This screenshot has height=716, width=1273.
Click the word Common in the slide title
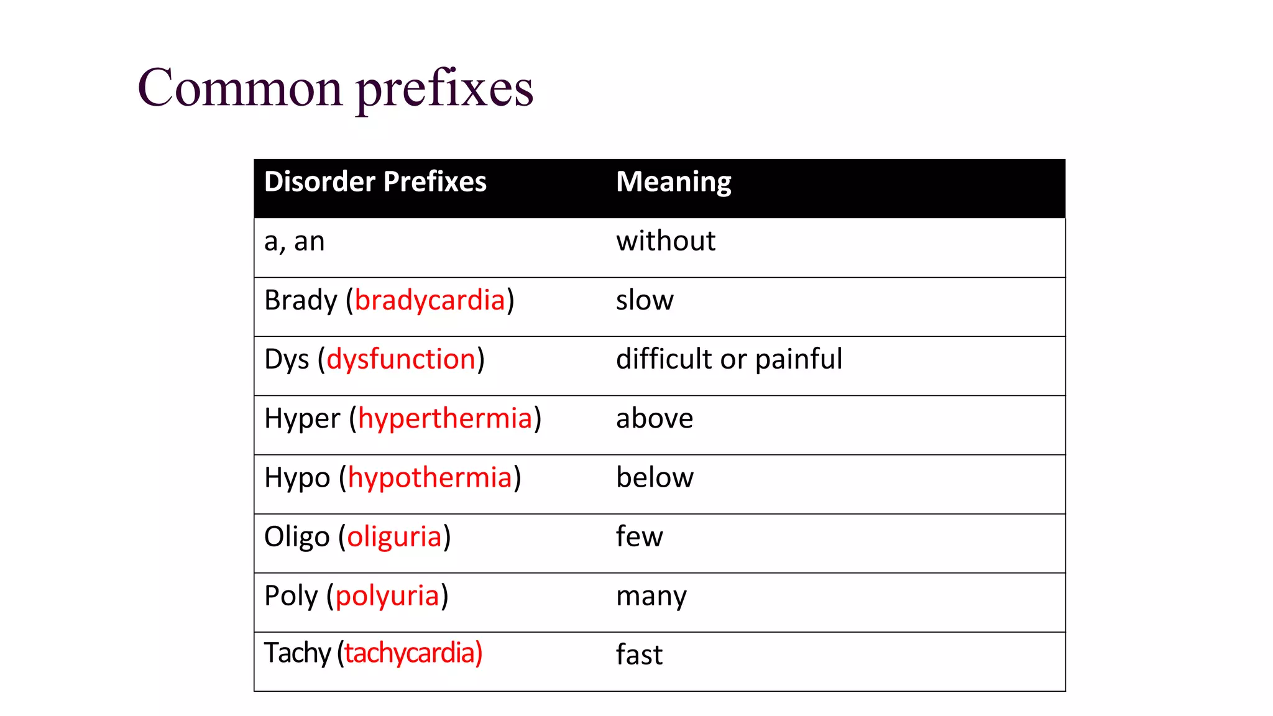coord(240,88)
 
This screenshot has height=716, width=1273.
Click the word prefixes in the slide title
coord(444,90)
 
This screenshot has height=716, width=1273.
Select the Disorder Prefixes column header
coord(375,182)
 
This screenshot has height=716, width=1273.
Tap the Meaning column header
coord(673,182)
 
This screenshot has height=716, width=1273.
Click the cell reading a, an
coord(294,241)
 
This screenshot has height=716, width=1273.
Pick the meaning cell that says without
coord(665,241)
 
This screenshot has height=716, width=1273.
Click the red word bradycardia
coord(430,300)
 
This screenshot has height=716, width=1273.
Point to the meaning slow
coord(644,300)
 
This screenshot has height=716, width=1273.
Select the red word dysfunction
coord(401,359)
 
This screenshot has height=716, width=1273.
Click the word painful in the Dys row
coord(799,359)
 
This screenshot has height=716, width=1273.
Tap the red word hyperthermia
coord(445,418)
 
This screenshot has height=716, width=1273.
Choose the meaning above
coord(654,418)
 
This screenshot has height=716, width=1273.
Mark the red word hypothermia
coord(430,477)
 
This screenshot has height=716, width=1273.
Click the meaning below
coord(655,477)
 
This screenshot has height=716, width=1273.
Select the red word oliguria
coord(394,536)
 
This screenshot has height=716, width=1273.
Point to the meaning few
coord(639,536)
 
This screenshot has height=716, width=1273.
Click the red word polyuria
coord(387,595)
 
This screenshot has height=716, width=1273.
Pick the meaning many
coord(651,596)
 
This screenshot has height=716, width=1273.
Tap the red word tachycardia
coord(410,653)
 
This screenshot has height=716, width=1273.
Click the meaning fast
coord(639,654)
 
